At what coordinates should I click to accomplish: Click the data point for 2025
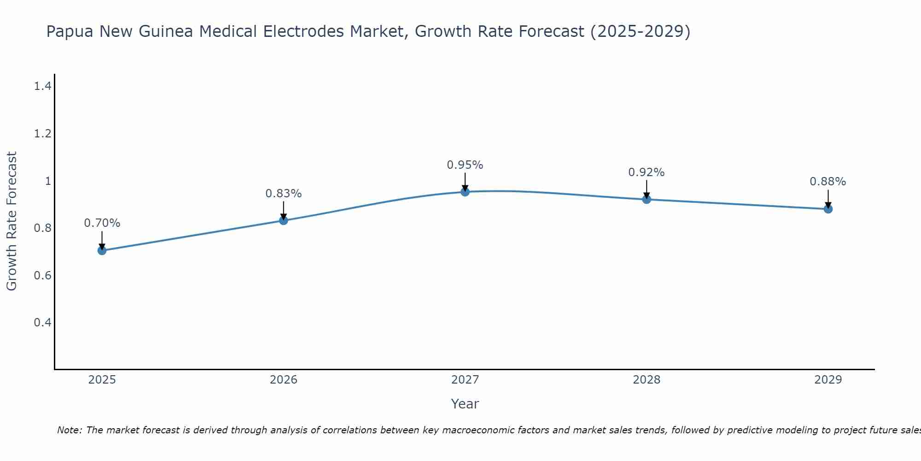102,250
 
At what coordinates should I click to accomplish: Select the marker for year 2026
284,220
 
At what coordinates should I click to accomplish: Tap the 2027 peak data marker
465,191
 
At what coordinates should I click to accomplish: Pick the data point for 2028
647,199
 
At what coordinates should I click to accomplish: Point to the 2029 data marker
828,209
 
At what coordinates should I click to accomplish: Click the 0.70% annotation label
102,223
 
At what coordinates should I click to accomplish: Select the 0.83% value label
284,194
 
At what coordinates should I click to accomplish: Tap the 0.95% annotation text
465,165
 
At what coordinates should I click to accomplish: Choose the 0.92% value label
647,172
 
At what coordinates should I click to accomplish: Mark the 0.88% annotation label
828,182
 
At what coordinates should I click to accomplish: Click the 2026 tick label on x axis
284,380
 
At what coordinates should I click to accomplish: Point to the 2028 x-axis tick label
647,380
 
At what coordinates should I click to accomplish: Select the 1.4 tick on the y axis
42,86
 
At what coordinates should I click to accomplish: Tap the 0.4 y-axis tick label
42,322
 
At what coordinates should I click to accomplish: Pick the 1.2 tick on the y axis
42,134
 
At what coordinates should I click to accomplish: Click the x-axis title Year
465,404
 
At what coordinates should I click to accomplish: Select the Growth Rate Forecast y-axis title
12,221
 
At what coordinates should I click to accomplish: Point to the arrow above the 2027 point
465,181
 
